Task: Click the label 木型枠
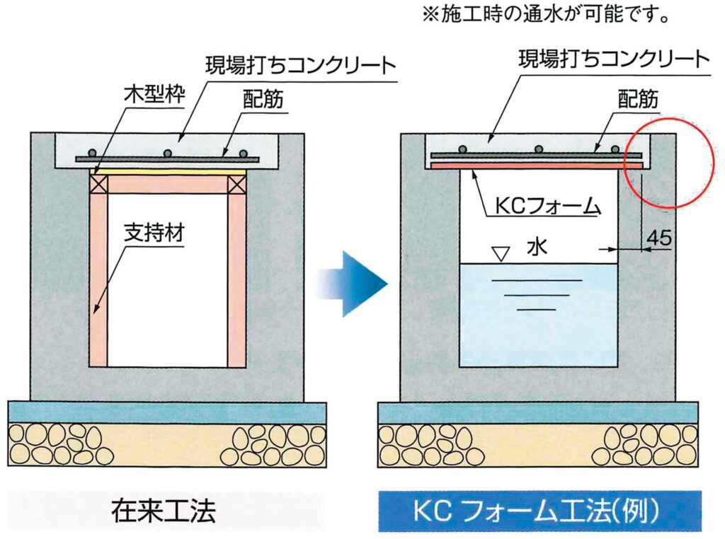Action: (155, 94)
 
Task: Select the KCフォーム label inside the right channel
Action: (547, 205)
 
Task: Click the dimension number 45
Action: (659, 237)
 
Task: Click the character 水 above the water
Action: (537, 247)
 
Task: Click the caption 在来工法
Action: (164, 511)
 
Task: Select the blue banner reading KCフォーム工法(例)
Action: (540, 511)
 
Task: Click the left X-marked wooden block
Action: (98, 185)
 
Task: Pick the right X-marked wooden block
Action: (236, 185)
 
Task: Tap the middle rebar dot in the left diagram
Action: (168, 153)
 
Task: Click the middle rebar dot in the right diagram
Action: (538, 149)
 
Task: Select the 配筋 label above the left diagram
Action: (263, 98)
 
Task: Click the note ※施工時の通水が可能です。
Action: (546, 16)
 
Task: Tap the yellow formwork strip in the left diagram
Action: (167, 171)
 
